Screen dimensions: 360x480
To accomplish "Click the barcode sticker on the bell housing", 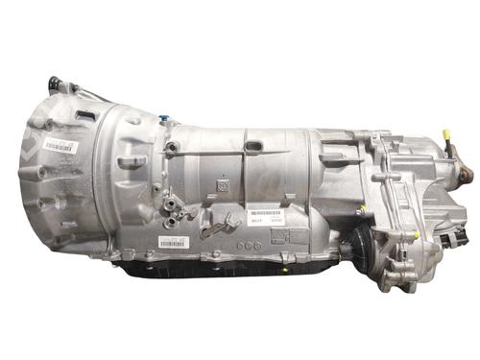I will (x=60, y=147).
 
